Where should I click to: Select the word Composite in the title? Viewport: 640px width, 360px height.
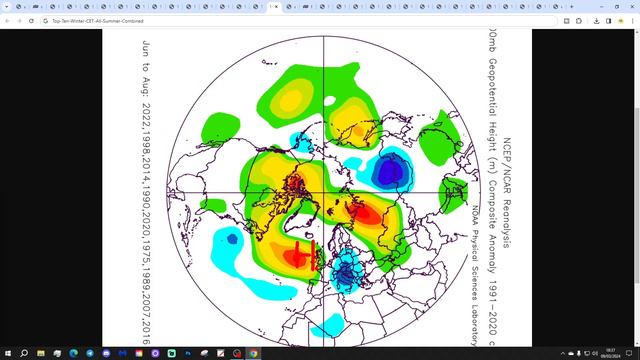[x=492, y=205]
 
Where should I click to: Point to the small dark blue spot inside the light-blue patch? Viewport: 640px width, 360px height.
[x=232, y=238]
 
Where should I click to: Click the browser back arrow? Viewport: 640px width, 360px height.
[x=8, y=20]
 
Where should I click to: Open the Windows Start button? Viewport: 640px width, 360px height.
[x=8, y=353]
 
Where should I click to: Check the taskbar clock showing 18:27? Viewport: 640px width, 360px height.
[x=609, y=353]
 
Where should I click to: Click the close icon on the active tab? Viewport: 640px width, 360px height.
[x=279, y=6]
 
